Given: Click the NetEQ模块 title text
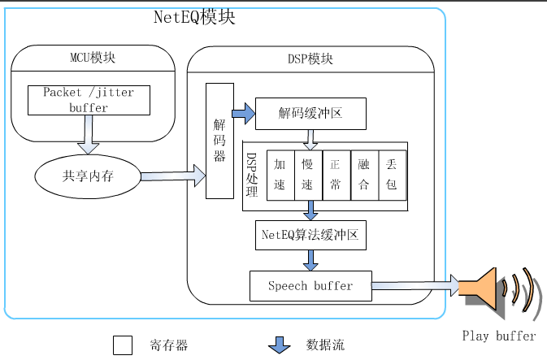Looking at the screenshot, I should tap(194, 17).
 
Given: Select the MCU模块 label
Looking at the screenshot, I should tap(93, 59).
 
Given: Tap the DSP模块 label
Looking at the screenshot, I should tap(310, 59).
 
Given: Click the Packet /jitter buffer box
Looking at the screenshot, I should tap(89, 100).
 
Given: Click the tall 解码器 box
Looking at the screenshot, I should tap(219, 140).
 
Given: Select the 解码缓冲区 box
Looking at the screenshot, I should tap(310, 113).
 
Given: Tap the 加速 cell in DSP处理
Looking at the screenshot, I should tap(280, 175).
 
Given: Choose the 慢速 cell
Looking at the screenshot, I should tap(308, 175).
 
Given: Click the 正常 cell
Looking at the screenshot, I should tap(336, 175).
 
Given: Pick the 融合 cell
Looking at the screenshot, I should tap(363, 175).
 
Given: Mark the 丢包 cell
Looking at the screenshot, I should tap(392, 175).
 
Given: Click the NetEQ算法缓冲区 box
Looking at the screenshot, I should tap(310, 235).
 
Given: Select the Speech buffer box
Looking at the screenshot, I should tap(310, 285).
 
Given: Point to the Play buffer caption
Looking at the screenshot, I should tap(499, 336).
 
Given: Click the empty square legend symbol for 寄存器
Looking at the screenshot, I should tap(122, 345).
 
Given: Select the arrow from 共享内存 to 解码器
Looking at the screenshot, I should tap(173, 174).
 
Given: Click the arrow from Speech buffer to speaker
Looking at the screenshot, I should tap(415, 285).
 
